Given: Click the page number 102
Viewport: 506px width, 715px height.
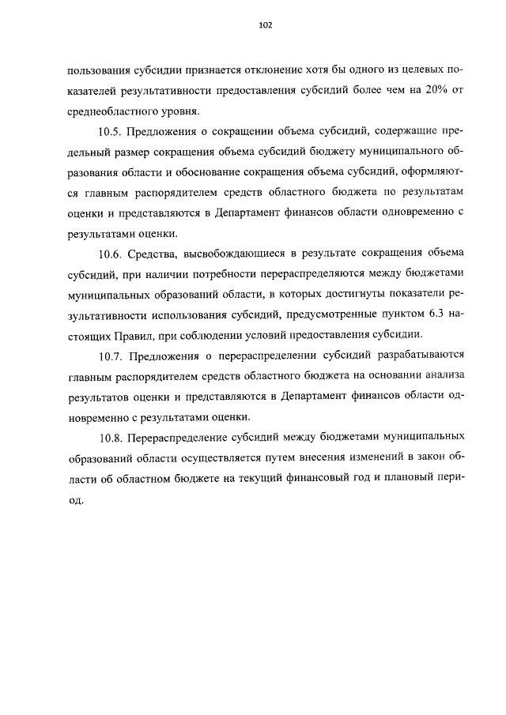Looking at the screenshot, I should [265, 25].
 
